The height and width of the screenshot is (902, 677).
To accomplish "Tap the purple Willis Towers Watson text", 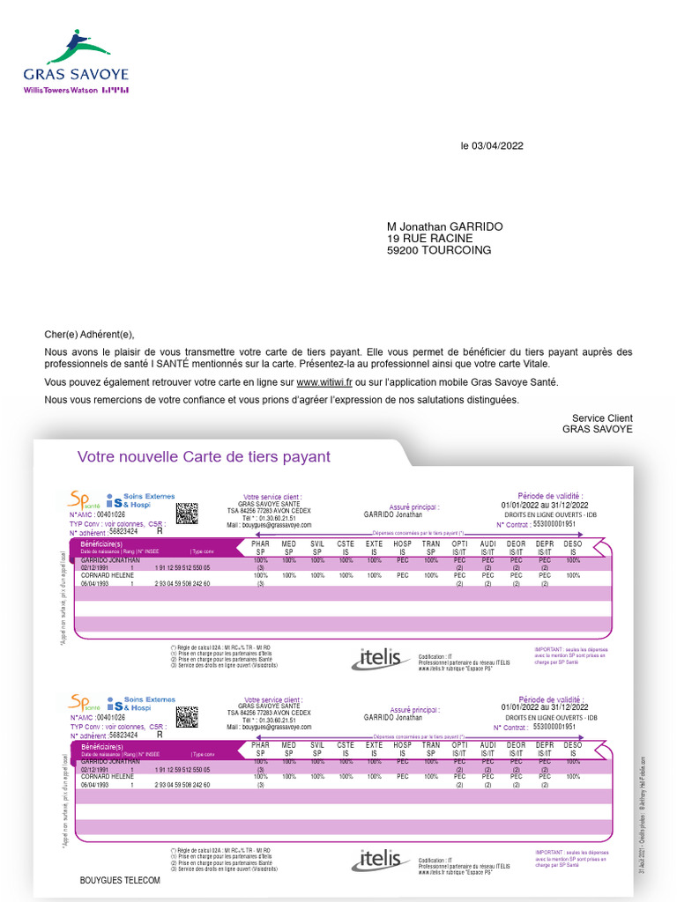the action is click(x=60, y=90).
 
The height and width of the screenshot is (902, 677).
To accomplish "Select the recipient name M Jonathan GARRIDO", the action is click(x=444, y=226).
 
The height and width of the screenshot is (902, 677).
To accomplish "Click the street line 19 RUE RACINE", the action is click(x=429, y=239).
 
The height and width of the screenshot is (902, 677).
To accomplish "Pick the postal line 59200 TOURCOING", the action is click(x=439, y=250).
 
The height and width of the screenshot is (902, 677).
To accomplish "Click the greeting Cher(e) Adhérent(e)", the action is click(x=89, y=334).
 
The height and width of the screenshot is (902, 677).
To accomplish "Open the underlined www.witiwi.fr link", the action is click(x=324, y=382).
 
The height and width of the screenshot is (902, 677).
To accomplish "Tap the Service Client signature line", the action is click(x=602, y=418).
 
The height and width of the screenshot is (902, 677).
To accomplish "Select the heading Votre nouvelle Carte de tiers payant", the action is click(x=204, y=456).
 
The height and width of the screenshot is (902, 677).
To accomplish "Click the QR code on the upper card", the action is click(x=186, y=513).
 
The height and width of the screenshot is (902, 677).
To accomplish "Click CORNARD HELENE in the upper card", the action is click(x=107, y=575).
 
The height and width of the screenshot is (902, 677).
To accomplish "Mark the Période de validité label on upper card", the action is click(x=551, y=496).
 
